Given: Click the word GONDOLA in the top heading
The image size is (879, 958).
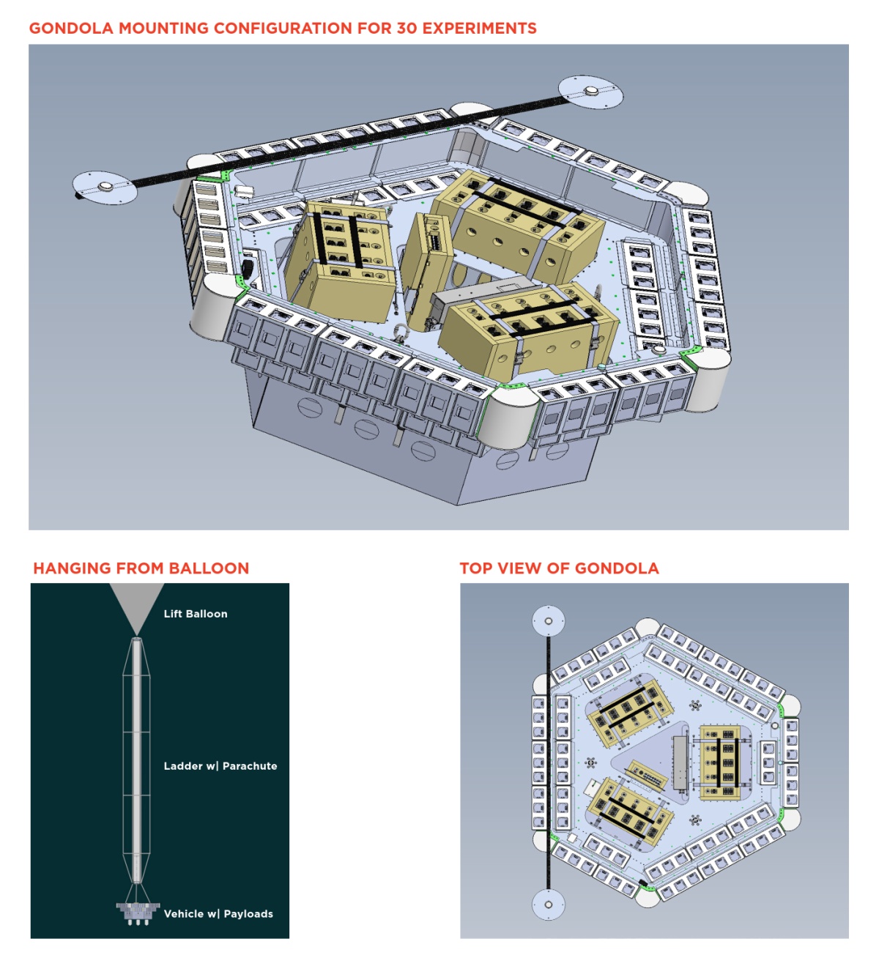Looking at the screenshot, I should pos(71,29).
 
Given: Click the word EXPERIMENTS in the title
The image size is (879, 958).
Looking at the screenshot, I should pos(480,29).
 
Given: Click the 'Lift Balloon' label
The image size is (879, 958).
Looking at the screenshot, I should pos(196,614).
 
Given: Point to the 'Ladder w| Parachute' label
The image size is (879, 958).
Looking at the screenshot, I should pos(220,766).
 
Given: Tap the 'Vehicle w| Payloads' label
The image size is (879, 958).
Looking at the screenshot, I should pos(218,914).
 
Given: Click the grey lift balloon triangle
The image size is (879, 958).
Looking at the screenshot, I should pos(137,604).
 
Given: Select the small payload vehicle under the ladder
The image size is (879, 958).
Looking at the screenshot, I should pos(138,912).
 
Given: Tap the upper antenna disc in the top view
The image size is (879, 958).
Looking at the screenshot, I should pos(549,621).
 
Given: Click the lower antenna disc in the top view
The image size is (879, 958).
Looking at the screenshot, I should pos(549,905).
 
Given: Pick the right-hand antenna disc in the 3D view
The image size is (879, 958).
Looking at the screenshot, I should pos(590,92).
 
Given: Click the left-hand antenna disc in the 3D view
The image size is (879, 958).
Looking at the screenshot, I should pos(105,187).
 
